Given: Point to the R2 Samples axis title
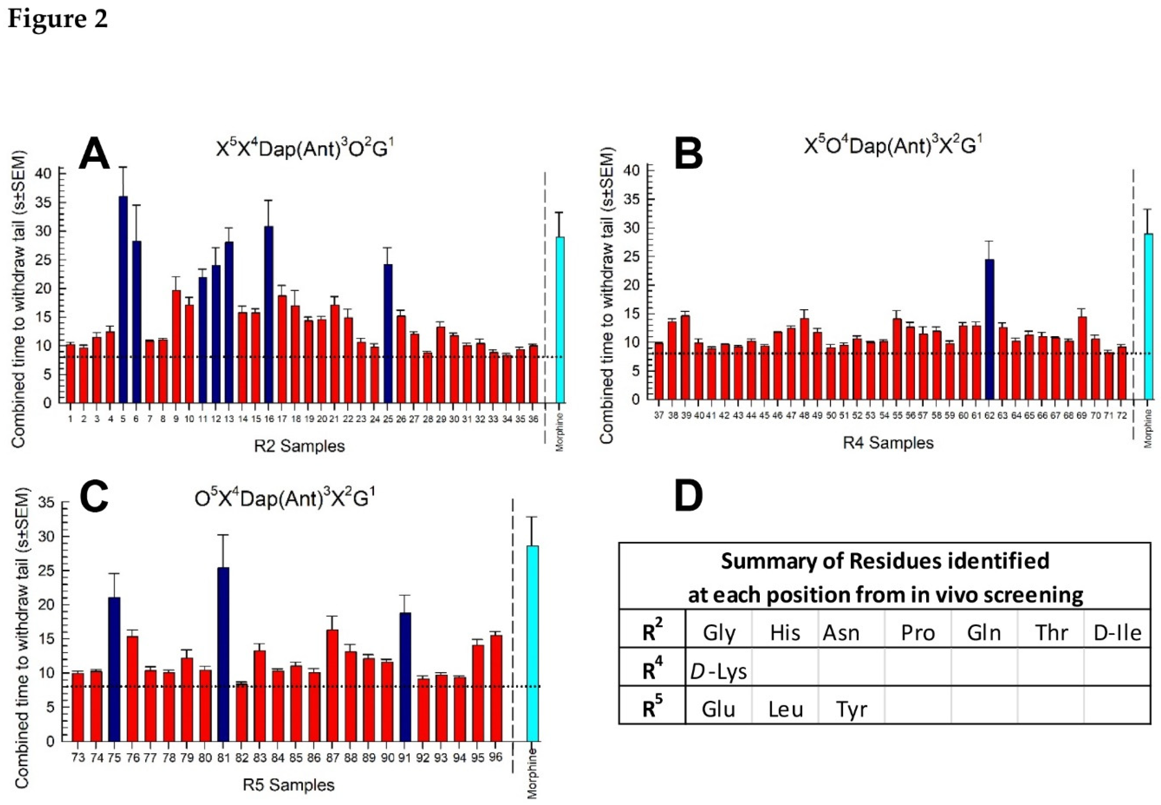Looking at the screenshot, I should [x=299, y=446].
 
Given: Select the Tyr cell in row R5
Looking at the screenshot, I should [x=851, y=709].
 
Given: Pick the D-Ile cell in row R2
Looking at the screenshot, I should [x=1117, y=632].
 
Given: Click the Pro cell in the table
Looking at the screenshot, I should [x=918, y=632].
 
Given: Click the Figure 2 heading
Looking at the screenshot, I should [x=58, y=19].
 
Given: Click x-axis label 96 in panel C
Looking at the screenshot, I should [x=496, y=758].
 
